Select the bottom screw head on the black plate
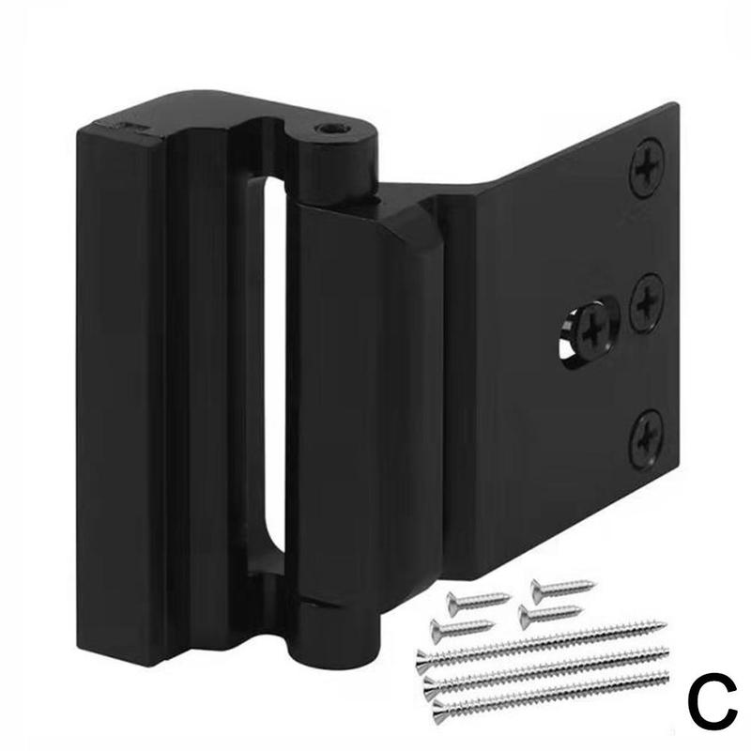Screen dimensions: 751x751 tap(647, 437)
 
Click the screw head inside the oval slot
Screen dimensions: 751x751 tap(592, 330)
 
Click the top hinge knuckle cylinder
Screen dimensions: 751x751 tap(333, 160)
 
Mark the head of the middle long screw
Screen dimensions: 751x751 tap(431, 682)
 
